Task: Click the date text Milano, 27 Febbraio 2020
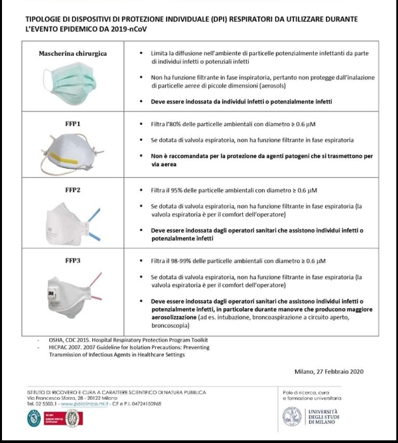[x=328, y=373]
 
